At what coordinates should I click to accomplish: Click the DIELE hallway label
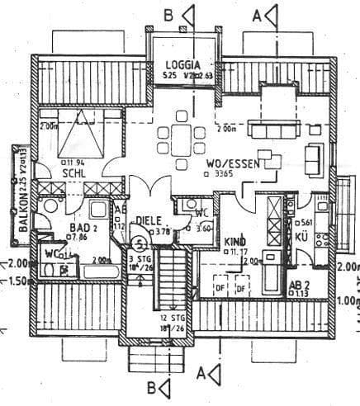click(x=149, y=220)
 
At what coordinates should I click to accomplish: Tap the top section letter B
click(x=168, y=14)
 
